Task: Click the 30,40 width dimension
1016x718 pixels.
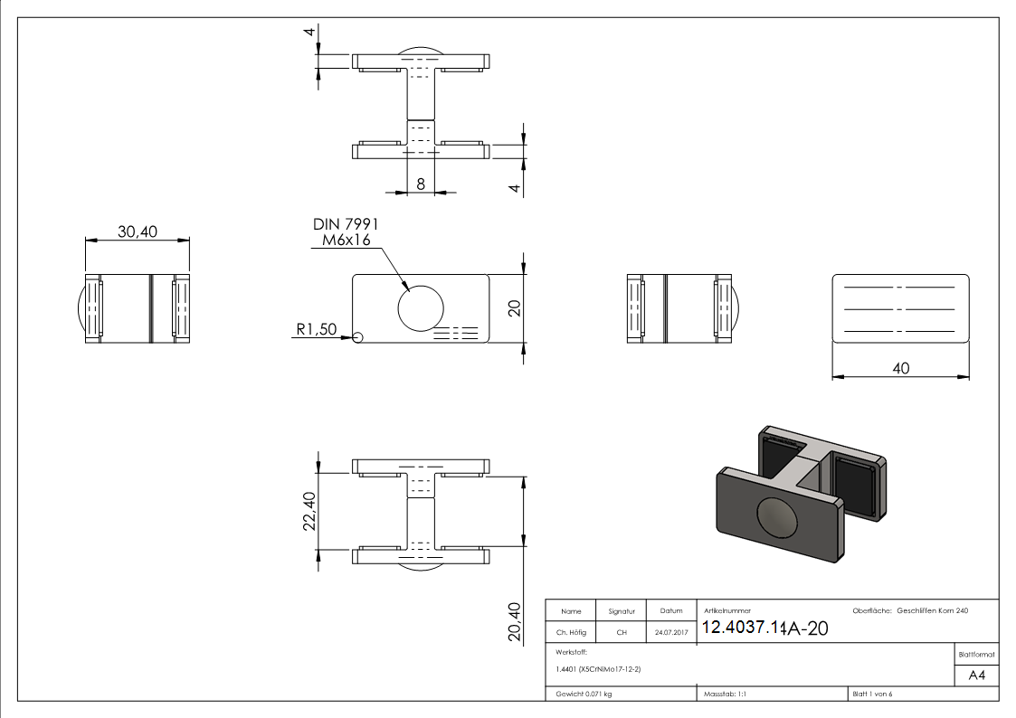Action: pyautogui.click(x=138, y=232)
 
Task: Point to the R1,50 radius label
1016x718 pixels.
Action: pyautogui.click(x=316, y=331)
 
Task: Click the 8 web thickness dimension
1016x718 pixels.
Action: pyautogui.click(x=421, y=184)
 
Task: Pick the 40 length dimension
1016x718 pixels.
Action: pyautogui.click(x=901, y=368)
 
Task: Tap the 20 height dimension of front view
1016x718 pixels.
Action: pyautogui.click(x=515, y=307)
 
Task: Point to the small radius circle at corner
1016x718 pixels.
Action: pyautogui.click(x=357, y=337)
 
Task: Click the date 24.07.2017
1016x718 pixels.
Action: pyautogui.click(x=670, y=633)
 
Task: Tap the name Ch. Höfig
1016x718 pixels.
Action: pyautogui.click(x=571, y=633)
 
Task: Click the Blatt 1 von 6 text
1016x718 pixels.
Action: pyautogui.click(x=872, y=694)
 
